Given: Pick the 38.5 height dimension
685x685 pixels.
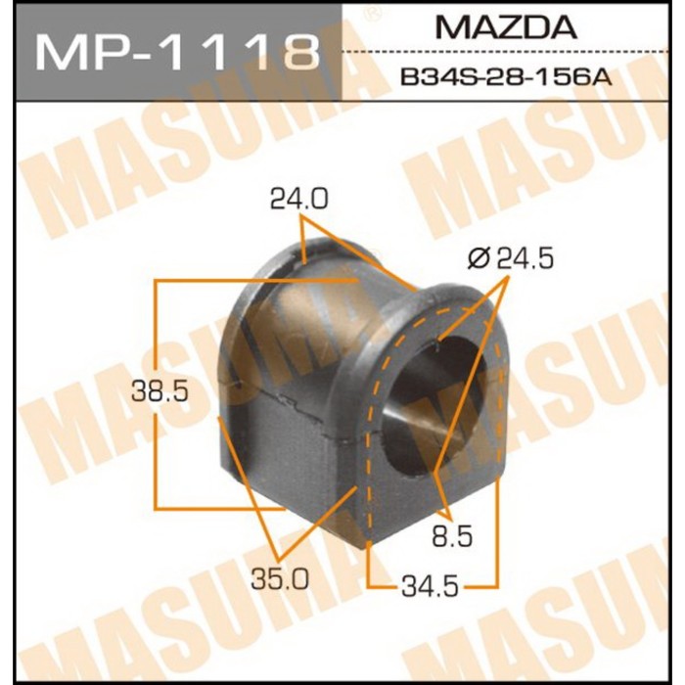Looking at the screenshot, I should (160, 392).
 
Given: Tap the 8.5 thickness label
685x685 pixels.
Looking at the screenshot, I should (452, 537).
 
